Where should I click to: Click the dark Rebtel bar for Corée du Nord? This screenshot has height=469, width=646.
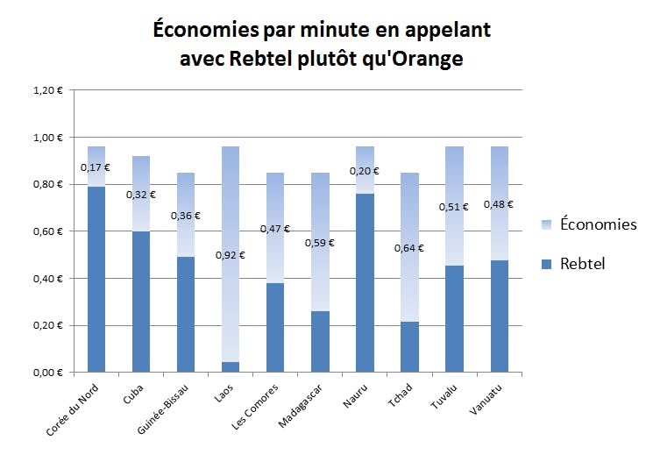pyautogui.click(x=96, y=279)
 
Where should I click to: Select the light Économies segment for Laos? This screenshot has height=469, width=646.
pyautogui.click(x=231, y=219)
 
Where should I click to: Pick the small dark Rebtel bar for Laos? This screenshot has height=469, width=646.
pyautogui.click(x=231, y=366)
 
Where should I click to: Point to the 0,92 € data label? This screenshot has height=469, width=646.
pyautogui.click(x=231, y=256)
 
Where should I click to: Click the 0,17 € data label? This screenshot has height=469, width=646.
pyautogui.click(x=96, y=167)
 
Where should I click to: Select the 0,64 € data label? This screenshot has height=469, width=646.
pyautogui.click(x=409, y=248)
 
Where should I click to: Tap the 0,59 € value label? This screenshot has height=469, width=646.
pyautogui.click(x=320, y=243)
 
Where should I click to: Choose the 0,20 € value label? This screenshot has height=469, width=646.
pyautogui.click(x=365, y=172)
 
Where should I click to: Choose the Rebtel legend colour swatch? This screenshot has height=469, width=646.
pyautogui.click(x=548, y=264)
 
